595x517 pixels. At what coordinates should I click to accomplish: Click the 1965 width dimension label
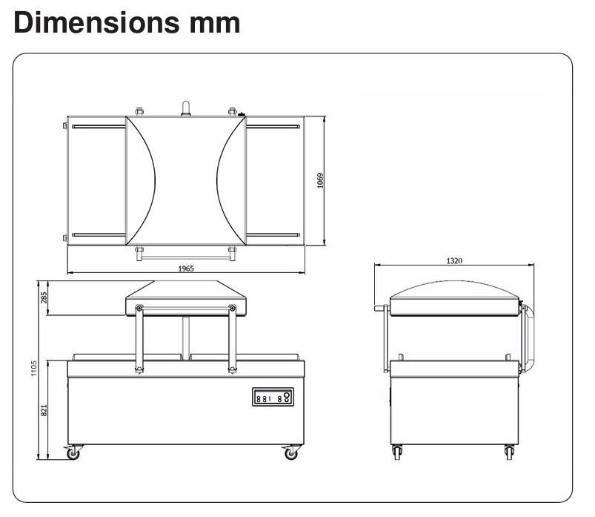[186, 269]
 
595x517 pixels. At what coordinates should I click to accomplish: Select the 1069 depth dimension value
[320, 180]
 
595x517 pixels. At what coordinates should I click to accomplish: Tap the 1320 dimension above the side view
[454, 260]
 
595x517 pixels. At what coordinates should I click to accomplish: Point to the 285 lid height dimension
[44, 297]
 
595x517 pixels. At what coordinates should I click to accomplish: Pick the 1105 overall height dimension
[34, 369]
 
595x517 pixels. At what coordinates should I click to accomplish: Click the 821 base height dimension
[44, 411]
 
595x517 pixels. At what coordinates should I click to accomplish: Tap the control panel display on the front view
[273, 397]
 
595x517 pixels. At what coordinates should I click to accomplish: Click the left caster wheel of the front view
[73, 453]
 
